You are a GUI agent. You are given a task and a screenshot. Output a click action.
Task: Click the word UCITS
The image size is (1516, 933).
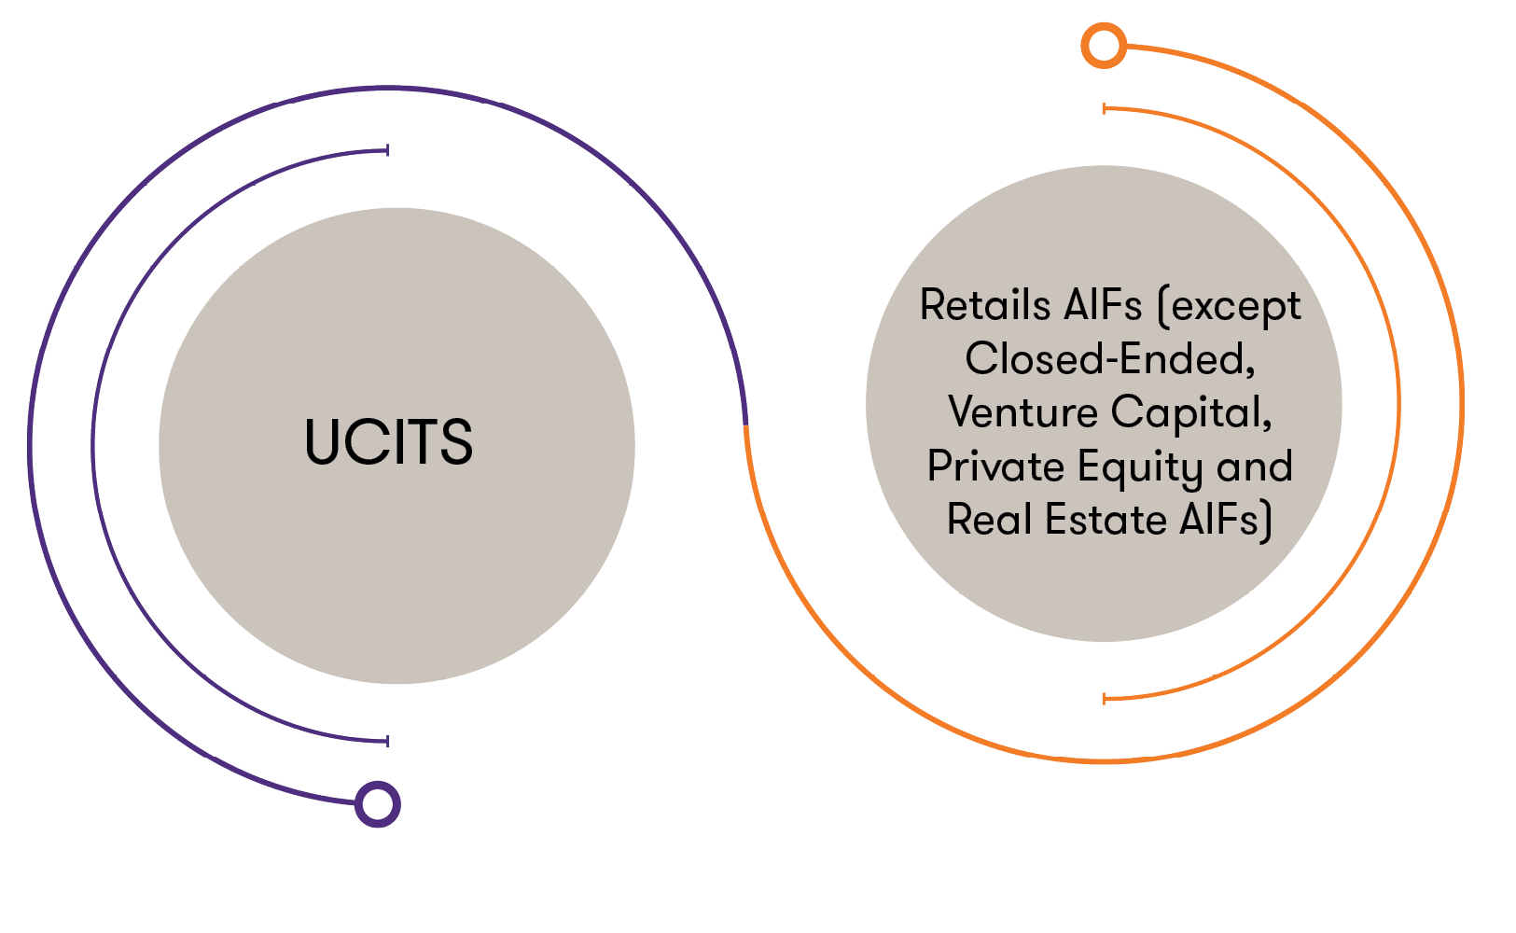point(388,441)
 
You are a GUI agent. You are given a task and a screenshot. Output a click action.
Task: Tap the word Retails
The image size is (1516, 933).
point(984,305)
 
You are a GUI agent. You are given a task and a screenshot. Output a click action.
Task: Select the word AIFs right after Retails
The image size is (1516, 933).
point(1101,305)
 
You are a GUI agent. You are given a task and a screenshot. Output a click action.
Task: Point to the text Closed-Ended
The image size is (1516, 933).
point(1109,359)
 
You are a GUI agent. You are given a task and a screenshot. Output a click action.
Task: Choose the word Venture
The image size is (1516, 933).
point(1022,412)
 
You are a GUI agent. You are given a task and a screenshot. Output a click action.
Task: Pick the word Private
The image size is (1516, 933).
point(995,466)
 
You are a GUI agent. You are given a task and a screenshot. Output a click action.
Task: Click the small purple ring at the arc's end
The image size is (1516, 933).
point(378,804)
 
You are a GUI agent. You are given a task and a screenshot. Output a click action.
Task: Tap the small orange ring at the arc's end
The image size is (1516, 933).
point(1104,45)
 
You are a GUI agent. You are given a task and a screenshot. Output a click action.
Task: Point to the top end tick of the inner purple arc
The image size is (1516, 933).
point(387,150)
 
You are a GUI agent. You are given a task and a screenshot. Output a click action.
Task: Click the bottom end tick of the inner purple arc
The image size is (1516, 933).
point(387,741)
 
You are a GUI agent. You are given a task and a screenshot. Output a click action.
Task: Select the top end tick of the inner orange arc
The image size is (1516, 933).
point(1105,109)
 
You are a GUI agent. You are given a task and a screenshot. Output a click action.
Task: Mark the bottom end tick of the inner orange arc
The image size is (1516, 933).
point(1105,698)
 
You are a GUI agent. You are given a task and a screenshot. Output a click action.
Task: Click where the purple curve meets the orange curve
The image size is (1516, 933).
point(745,425)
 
